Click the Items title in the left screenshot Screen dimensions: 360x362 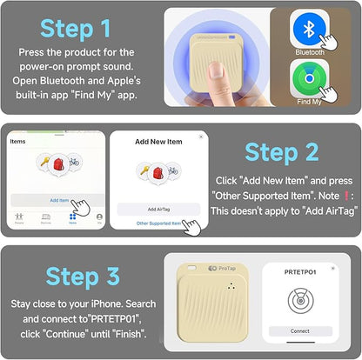tap(17, 139)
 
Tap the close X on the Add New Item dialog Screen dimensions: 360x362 tap(201, 137)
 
